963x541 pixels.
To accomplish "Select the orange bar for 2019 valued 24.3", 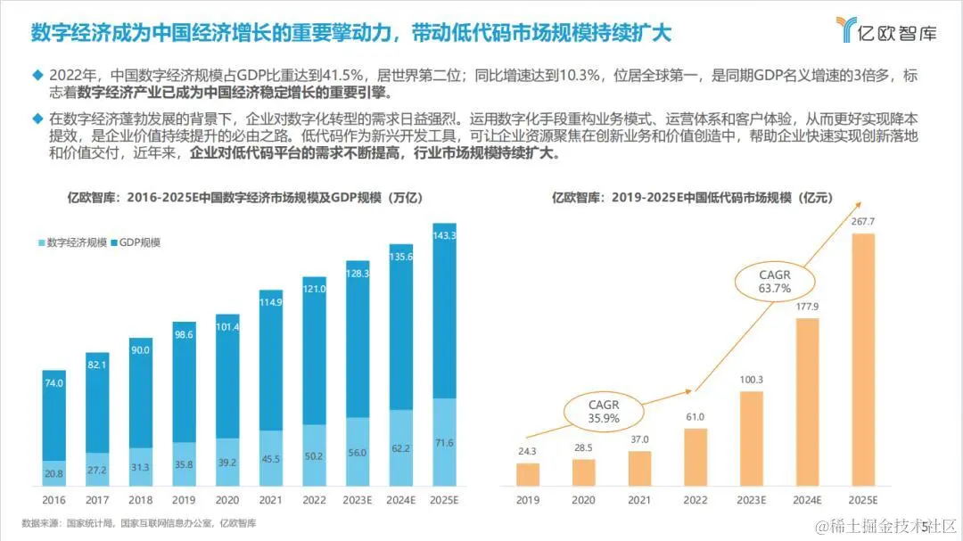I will pyautogui.click(x=528, y=474).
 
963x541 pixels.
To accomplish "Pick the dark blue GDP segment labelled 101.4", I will pyautogui.click(x=227, y=376).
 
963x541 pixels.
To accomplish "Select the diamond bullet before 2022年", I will pyautogui.click(x=37, y=76).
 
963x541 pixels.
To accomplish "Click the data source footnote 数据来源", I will pyautogui.click(x=138, y=523).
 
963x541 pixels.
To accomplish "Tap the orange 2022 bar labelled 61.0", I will pyautogui.click(x=695, y=457).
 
